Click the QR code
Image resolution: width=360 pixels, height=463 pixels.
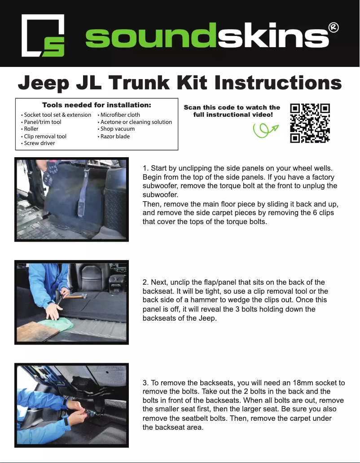(310, 123)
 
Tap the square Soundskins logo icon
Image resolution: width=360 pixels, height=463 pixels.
(43, 35)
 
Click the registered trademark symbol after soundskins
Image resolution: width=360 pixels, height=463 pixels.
(334, 27)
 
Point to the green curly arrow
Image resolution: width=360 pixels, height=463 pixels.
(265, 130)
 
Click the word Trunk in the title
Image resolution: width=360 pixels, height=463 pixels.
(139, 83)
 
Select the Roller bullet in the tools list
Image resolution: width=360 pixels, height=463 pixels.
(31, 129)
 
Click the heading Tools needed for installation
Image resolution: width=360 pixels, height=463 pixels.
(97, 105)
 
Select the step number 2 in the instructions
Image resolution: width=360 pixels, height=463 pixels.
(145, 282)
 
